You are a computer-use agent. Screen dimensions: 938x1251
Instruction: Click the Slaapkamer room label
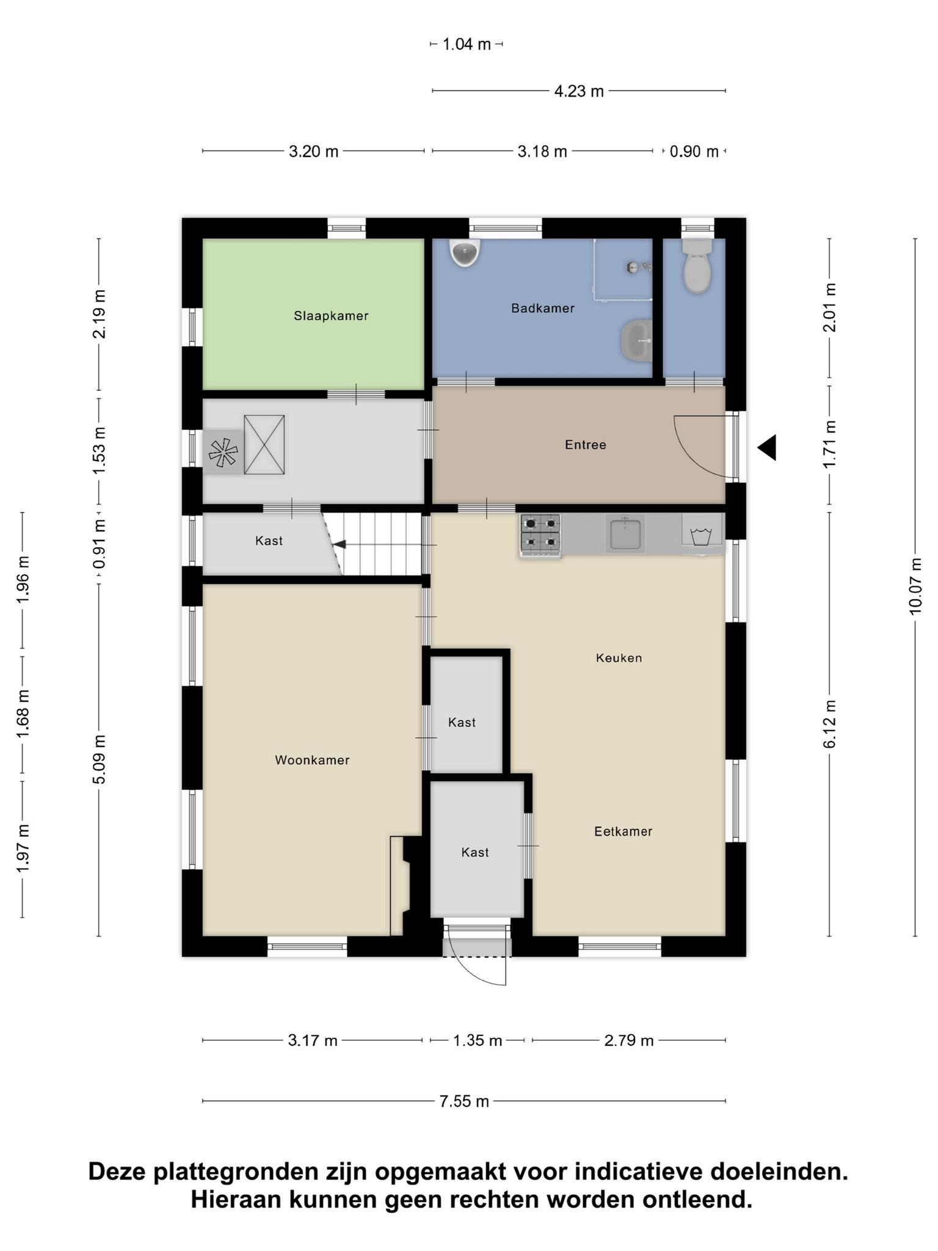coord(331,316)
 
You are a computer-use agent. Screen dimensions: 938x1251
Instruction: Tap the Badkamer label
coord(543,308)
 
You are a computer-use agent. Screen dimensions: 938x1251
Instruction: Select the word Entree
coord(586,445)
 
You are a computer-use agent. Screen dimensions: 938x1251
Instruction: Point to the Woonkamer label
coord(312,760)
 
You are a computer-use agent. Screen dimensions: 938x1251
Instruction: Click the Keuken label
coord(619,658)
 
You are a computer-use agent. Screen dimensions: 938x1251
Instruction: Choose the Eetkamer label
coord(624,831)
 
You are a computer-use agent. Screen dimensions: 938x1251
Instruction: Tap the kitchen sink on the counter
coord(625,533)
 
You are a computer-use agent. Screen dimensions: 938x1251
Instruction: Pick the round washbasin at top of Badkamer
coord(465,252)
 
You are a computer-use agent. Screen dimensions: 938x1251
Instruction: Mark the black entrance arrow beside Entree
coord(767,448)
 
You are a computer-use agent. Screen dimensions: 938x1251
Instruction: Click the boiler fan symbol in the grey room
coord(223,453)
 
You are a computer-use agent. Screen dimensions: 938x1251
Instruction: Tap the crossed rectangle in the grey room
coord(264,445)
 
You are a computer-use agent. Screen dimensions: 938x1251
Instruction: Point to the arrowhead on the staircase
coord(339,544)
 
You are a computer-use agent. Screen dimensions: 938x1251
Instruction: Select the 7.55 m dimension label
coord(464,1101)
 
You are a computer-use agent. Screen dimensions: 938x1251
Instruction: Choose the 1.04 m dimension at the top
coord(467,44)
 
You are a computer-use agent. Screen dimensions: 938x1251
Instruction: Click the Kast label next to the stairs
coord(269,541)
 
